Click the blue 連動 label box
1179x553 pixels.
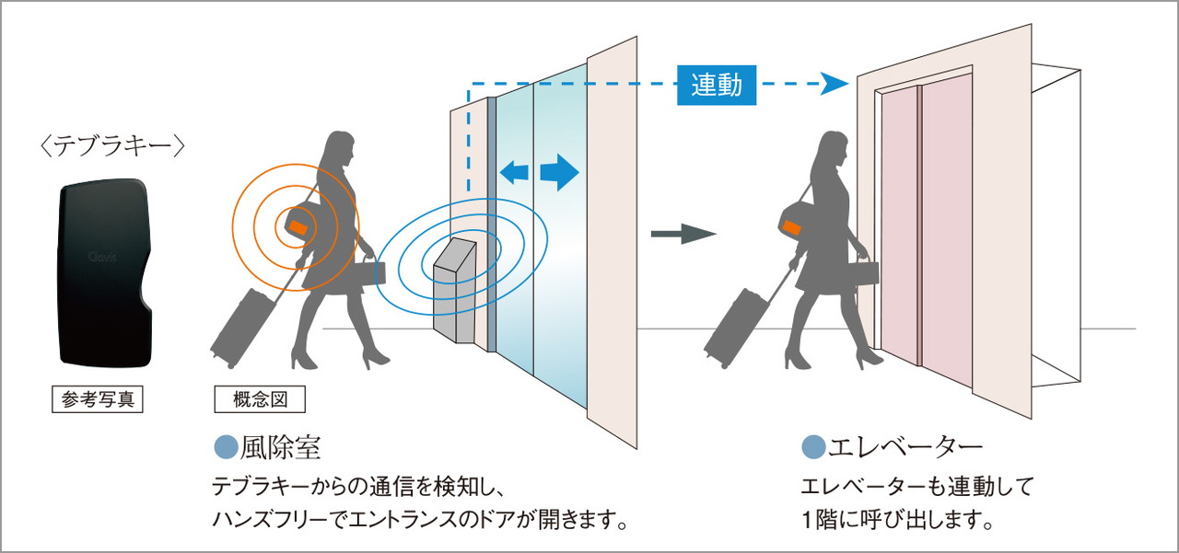coord(716,85)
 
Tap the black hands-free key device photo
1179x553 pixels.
coord(104,273)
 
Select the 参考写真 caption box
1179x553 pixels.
coord(97,400)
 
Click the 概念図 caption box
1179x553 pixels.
coord(259,400)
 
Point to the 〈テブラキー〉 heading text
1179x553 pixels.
coord(115,144)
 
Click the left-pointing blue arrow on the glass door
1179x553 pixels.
coord(513,171)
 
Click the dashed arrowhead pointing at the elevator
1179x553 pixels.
coord(835,85)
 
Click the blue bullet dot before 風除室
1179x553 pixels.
coord(226,448)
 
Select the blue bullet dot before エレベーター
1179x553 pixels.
coord(813,448)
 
